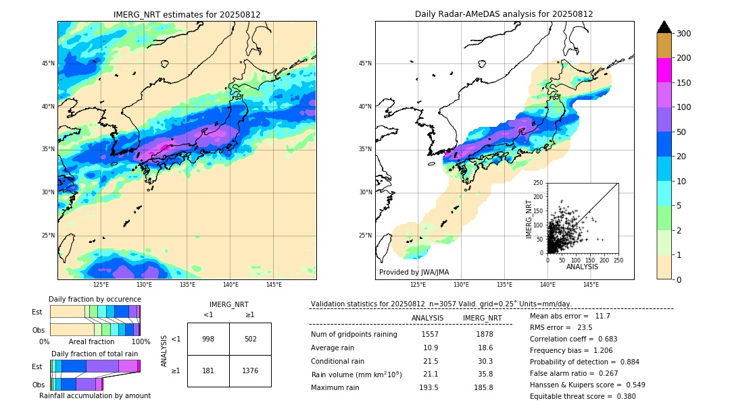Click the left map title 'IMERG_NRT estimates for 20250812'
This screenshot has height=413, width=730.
(x=187, y=14)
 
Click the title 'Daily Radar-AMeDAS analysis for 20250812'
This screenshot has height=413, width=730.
(x=504, y=14)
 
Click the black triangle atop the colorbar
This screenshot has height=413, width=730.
(x=664, y=27)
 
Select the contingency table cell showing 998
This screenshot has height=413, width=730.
(x=208, y=339)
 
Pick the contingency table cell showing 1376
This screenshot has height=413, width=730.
(x=250, y=370)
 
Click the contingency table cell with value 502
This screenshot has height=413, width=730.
(x=250, y=339)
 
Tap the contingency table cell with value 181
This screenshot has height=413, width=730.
(x=208, y=370)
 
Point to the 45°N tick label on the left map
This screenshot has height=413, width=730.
(x=48, y=63)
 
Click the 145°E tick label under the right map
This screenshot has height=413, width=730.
(x=591, y=285)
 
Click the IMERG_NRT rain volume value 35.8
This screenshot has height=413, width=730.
(x=485, y=374)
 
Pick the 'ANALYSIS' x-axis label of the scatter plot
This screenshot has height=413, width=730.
(x=582, y=267)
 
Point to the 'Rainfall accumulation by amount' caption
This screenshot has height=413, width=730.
(x=95, y=395)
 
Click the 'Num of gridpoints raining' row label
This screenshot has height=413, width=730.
(x=354, y=334)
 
